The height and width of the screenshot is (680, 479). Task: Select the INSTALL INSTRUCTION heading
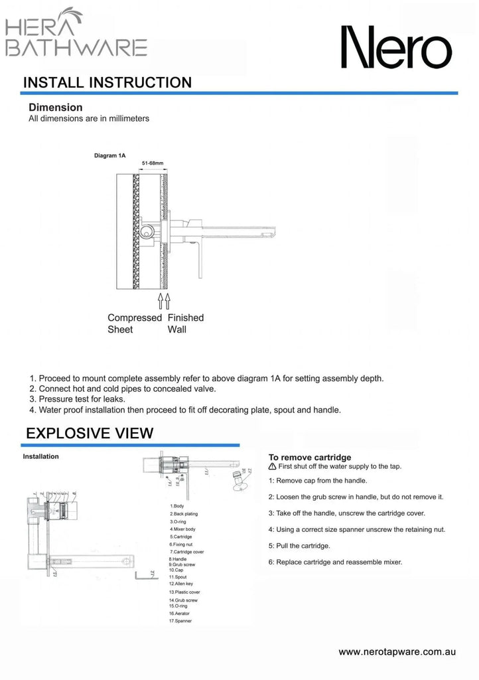(107, 83)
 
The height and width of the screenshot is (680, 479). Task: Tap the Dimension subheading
(56, 107)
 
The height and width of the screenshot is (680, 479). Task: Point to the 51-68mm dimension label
(153, 163)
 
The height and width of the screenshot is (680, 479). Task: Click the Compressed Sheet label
(134, 323)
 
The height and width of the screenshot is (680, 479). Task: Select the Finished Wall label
(186, 323)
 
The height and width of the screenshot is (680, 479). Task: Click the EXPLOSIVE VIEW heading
(90, 434)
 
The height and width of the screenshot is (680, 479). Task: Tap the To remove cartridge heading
(309, 457)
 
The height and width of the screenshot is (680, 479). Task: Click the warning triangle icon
(272, 467)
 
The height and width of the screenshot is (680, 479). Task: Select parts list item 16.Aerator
(180, 614)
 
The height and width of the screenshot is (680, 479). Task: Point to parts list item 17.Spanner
(181, 622)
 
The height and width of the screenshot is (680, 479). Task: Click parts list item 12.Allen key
(181, 584)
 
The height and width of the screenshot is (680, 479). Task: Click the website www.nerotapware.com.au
(397, 652)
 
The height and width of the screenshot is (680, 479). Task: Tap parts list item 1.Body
(177, 506)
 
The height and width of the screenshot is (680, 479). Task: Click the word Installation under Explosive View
(41, 456)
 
